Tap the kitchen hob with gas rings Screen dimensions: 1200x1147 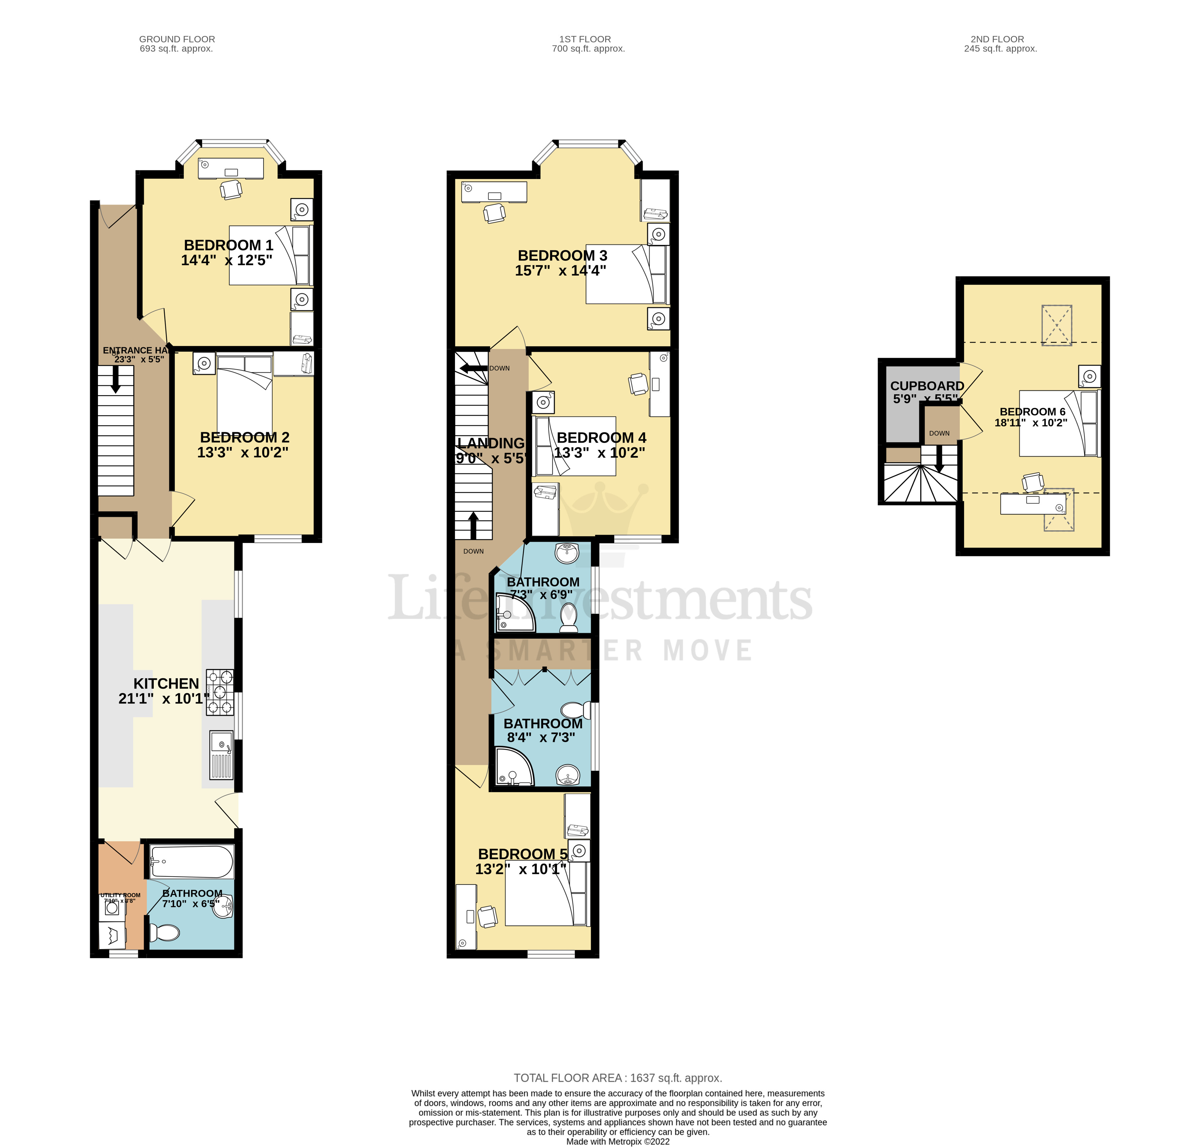click(220, 692)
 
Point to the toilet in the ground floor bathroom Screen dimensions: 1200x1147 click(164, 932)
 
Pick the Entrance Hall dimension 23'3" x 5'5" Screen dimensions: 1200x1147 click(139, 360)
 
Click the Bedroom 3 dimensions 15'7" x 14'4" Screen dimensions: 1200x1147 click(560, 271)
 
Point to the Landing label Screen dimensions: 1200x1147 click(491, 443)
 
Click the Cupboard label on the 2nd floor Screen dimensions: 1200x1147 click(927, 386)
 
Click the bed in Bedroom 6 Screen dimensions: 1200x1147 click(1058, 423)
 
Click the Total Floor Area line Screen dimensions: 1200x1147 click(618, 1078)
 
